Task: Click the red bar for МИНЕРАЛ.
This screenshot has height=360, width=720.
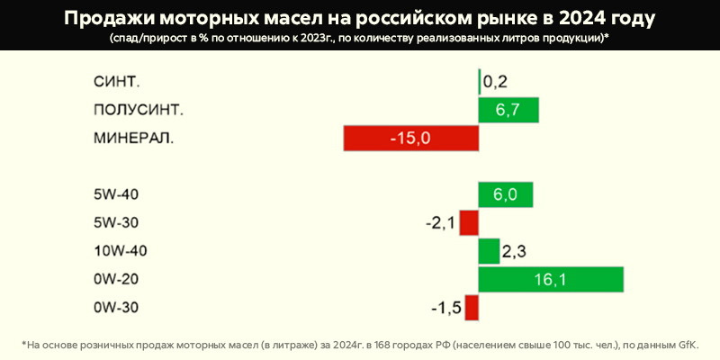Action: tap(410, 139)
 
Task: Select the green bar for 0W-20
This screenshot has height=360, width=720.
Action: tap(551, 280)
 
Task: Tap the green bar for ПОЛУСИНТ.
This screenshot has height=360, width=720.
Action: tap(508, 110)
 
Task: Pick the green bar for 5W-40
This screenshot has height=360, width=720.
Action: tap(506, 194)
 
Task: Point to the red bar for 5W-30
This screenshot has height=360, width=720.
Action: tap(469, 223)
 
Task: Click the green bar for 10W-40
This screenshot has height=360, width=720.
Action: tap(489, 251)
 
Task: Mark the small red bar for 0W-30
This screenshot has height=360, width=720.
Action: tap(472, 309)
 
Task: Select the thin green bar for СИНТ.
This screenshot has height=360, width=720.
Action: tap(480, 82)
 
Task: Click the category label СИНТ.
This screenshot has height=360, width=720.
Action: tap(117, 82)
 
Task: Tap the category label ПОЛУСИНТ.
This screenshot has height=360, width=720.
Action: tap(139, 110)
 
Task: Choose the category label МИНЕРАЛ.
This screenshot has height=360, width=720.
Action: tap(134, 139)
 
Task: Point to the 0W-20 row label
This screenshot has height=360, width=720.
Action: tap(116, 280)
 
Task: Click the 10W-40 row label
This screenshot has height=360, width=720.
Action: tap(120, 251)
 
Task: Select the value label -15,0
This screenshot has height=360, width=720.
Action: tap(411, 139)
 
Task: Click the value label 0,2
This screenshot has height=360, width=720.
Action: tap(496, 82)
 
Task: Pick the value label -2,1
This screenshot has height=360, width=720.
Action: tap(440, 223)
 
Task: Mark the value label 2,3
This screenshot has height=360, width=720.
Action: tap(514, 252)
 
